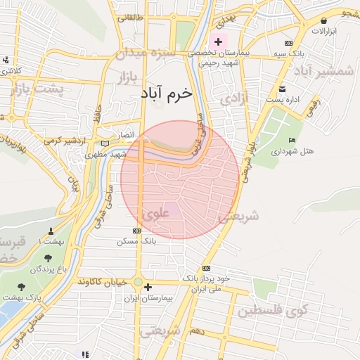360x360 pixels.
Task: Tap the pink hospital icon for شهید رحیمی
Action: pyautogui.click(x=218, y=42)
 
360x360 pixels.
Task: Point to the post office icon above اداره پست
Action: pyautogui.click(x=283, y=89)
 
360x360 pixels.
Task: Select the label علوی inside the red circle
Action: pyautogui.click(x=155, y=210)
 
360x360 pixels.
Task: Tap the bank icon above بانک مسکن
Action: pyautogui.click(x=136, y=231)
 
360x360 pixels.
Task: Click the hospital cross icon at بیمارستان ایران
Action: pyautogui.click(x=147, y=287)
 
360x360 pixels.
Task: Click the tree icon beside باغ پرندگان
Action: pyautogui.click(x=48, y=259)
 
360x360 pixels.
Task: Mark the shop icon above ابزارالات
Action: pyautogui.click(x=324, y=22)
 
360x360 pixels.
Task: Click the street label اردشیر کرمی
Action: pyautogui.click(x=63, y=141)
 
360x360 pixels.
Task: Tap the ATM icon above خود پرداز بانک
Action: pyautogui.click(x=205, y=269)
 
